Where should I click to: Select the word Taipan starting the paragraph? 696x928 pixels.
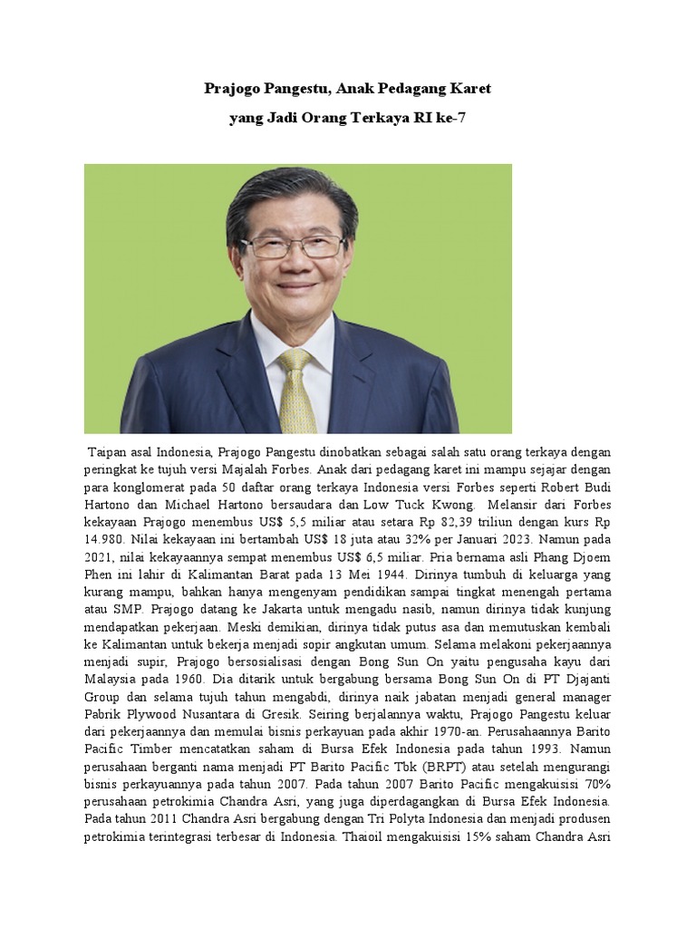pos(107,452)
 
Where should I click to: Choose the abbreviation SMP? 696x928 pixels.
pos(126,609)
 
